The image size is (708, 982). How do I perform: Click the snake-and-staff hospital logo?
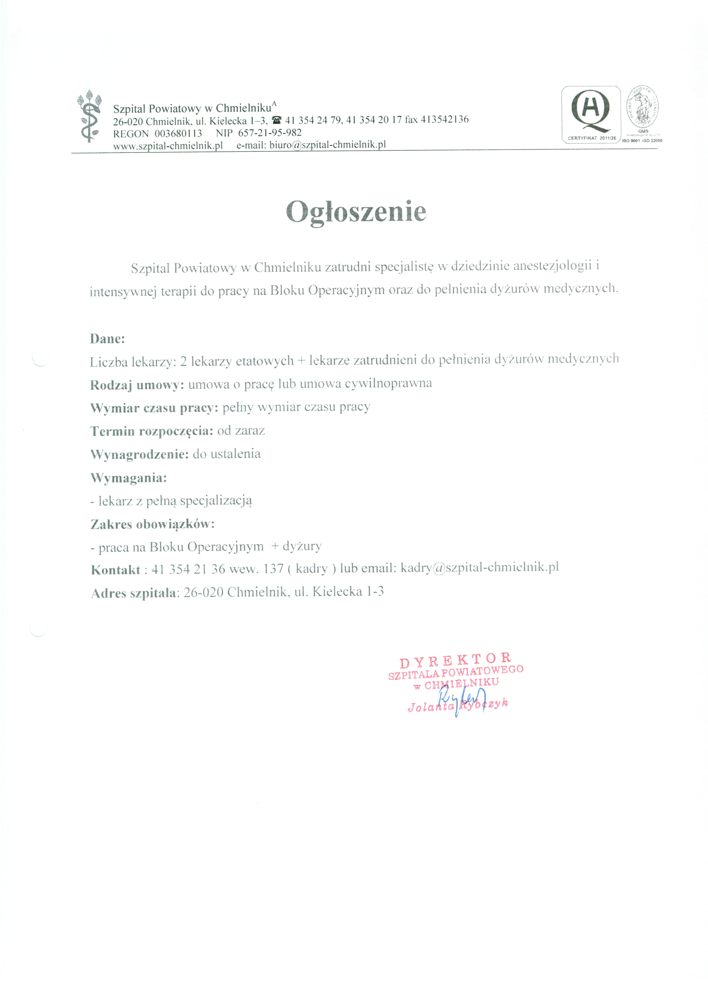click(89, 116)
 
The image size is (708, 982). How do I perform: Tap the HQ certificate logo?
click(591, 114)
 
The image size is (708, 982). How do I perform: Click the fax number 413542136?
click(444, 119)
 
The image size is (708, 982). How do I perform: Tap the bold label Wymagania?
click(128, 478)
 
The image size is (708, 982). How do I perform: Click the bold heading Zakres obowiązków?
click(152, 524)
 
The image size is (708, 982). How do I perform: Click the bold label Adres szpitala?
click(133, 593)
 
